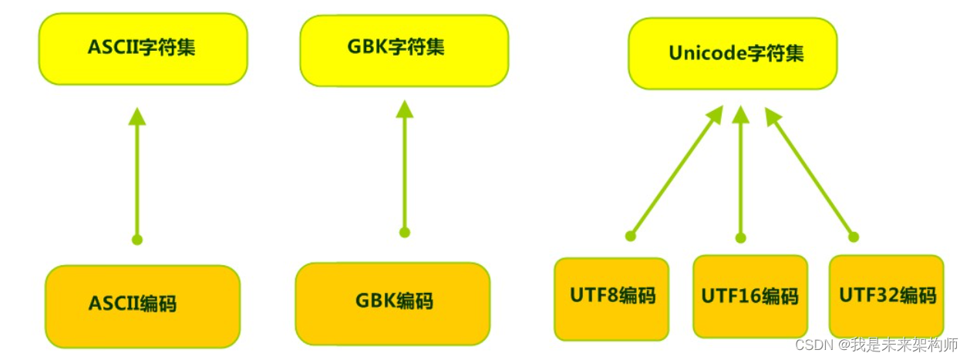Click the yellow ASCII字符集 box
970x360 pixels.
click(x=143, y=48)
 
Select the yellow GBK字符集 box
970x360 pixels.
click(x=404, y=49)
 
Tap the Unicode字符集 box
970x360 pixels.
click(x=733, y=53)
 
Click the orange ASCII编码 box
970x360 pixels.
click(x=143, y=304)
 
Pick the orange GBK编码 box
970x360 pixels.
click(x=392, y=301)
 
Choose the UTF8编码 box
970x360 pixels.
click(x=611, y=298)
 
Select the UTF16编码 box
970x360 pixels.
click(x=749, y=296)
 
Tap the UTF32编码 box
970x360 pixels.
click(x=887, y=296)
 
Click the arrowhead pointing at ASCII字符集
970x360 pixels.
click(x=137, y=117)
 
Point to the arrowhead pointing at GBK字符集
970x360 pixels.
click(x=405, y=109)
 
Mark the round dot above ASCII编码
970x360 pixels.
click(x=137, y=240)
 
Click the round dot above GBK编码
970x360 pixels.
click(x=405, y=232)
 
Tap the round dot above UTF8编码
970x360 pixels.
click(x=631, y=235)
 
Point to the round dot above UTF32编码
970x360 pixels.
click(x=853, y=237)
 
